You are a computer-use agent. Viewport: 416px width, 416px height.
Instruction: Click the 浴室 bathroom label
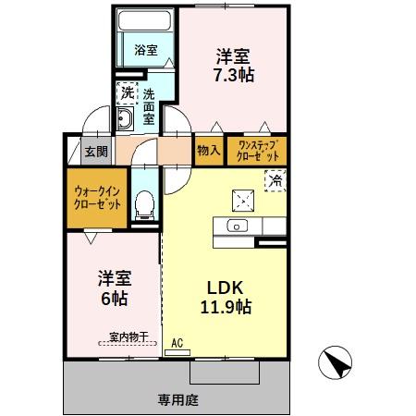146,50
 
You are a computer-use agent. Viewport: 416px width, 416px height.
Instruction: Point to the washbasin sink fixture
125,119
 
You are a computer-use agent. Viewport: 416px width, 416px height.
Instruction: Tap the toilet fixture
143,206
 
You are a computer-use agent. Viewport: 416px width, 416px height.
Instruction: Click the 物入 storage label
208,151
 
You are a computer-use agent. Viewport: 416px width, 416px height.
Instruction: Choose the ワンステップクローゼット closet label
258,151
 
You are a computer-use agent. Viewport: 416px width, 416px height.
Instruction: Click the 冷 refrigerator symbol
275,180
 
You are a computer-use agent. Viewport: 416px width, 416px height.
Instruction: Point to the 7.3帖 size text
232,73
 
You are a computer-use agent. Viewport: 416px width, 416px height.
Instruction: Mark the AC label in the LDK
177,341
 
